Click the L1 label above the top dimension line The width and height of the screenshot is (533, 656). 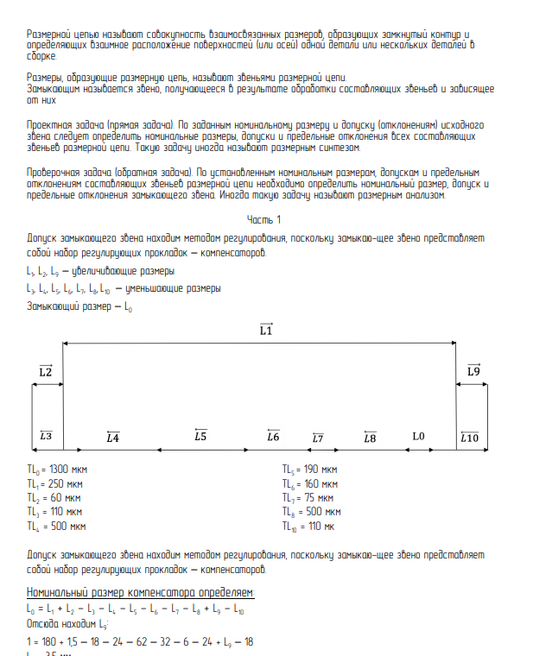click(x=266, y=330)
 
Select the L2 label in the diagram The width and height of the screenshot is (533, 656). click(x=46, y=371)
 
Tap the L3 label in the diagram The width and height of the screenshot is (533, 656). click(x=46, y=437)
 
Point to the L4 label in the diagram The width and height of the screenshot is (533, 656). click(x=112, y=438)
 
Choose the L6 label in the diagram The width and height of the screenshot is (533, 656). click(x=273, y=437)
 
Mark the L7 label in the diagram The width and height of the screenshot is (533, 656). click(x=318, y=438)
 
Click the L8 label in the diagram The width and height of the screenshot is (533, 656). click(x=370, y=438)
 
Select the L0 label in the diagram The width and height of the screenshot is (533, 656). click(x=419, y=437)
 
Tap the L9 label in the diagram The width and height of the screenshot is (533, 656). click(x=473, y=371)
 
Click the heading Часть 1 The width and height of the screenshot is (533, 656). click(x=263, y=219)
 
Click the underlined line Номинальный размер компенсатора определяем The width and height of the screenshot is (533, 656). click(x=141, y=592)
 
